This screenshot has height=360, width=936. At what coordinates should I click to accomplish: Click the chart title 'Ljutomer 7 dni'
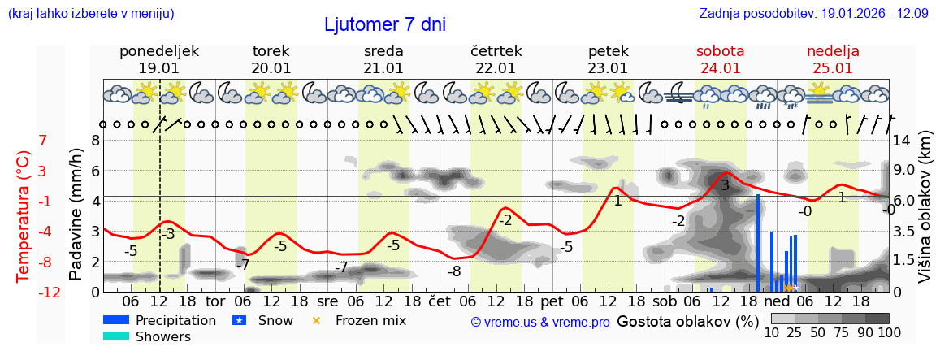pos(384,24)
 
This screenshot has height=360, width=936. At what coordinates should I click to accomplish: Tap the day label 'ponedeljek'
pos(158,51)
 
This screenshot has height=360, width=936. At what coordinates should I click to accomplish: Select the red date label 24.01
pos(720,68)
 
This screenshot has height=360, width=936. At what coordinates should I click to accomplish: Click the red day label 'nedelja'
pos(832,51)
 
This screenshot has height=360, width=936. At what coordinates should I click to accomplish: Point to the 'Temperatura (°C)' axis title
pos(23,216)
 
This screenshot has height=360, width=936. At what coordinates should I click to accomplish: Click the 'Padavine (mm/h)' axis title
pos(76,215)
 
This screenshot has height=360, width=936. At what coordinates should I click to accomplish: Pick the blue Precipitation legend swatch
pos(116,320)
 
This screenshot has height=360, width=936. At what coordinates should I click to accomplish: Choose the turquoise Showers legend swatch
pos(116,336)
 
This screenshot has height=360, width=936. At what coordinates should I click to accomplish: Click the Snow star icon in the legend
pos(239,320)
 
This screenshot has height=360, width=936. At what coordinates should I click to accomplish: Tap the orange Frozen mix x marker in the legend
pos(317,320)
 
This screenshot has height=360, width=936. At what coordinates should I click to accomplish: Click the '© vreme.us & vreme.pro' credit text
pos(540,322)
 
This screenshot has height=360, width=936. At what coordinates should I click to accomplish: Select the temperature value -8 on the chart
pos(454,271)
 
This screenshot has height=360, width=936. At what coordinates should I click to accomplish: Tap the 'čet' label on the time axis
pos(440,301)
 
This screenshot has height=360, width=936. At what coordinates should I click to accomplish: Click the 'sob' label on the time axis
pos(665,301)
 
